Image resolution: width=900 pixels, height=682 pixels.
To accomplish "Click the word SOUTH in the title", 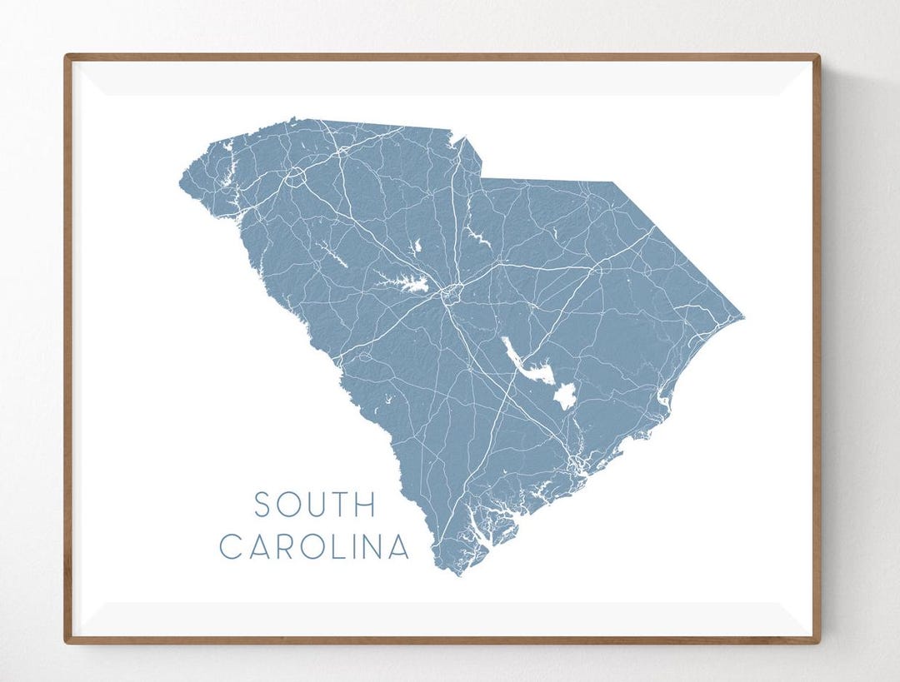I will (315, 505).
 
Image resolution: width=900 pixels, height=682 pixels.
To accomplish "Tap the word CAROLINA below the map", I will (314, 547).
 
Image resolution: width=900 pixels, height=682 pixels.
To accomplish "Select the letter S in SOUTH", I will (262, 505).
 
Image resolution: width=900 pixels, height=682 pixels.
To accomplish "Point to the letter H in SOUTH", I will (367, 505).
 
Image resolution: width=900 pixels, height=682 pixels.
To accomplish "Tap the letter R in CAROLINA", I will (278, 547).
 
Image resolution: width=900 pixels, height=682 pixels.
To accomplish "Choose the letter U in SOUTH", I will (314, 505).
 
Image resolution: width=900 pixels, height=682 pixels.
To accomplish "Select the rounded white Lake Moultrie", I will (565, 396).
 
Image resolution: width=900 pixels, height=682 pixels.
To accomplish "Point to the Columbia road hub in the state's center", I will (451, 291).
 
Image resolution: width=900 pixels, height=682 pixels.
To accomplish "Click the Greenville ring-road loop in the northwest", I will (295, 177).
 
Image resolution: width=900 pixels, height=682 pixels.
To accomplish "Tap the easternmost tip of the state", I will (743, 317).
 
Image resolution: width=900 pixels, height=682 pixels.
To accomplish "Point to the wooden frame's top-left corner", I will (66, 56).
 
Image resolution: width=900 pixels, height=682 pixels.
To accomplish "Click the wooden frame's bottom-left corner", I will (66, 642).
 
